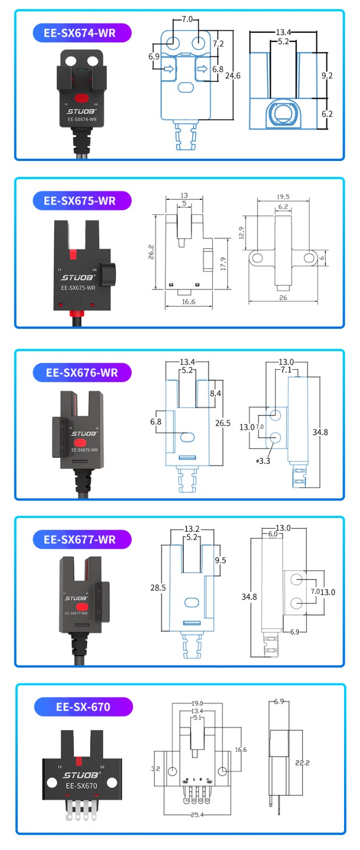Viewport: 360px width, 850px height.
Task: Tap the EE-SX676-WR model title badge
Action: pyautogui.click(x=82, y=372)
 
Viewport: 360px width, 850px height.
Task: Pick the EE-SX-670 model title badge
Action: pyautogui.click(x=83, y=707)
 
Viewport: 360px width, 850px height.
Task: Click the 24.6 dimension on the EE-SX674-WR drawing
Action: pyautogui.click(x=233, y=76)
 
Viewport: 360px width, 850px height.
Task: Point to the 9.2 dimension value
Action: pyautogui.click(x=327, y=75)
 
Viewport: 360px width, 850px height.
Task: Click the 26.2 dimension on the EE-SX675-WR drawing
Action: pyautogui.click(x=151, y=251)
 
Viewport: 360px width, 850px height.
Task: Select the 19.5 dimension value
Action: pyautogui.click(x=283, y=197)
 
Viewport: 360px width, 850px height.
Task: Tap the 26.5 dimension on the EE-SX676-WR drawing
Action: pyautogui.click(x=222, y=423)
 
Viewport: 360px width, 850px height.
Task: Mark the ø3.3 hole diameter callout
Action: pyautogui.click(x=263, y=461)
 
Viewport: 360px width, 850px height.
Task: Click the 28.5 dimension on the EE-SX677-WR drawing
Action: pyautogui.click(x=158, y=588)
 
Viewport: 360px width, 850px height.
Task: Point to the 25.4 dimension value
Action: pyautogui.click(x=197, y=814)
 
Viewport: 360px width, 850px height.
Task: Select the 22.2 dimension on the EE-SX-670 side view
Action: pyautogui.click(x=302, y=763)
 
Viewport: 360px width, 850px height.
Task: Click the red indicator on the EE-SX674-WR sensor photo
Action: pyautogui.click(x=81, y=98)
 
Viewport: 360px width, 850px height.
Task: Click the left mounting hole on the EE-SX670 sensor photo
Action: pyautogui.click(x=52, y=783)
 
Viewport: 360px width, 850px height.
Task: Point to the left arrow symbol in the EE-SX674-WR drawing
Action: pyautogui.click(x=169, y=69)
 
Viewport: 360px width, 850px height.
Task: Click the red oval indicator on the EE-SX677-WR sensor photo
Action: pyautogui.click(x=81, y=606)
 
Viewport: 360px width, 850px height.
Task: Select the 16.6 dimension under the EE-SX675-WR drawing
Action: pyautogui.click(x=188, y=302)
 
